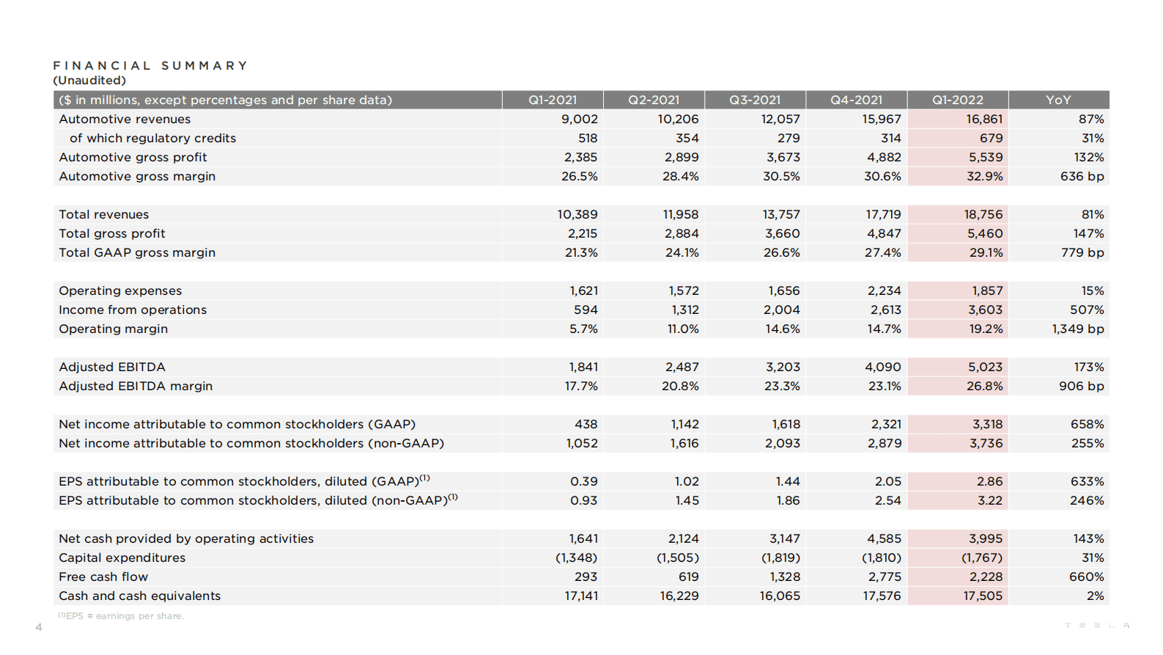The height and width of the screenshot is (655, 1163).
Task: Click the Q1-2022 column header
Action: [957, 100]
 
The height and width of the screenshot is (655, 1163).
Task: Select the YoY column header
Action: [1058, 100]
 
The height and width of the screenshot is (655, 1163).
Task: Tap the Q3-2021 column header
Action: [755, 100]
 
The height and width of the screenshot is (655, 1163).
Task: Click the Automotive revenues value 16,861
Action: [983, 119]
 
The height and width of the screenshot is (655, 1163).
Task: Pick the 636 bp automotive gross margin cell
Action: [1082, 176]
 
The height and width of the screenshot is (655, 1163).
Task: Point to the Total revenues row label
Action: [103, 214]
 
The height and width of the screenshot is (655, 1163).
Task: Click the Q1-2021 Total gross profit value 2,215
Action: [582, 233]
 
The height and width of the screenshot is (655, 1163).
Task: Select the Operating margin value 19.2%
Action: [986, 329]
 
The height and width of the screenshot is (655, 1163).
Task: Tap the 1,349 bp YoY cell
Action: [1077, 329]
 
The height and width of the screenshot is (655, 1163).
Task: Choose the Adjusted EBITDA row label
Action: [112, 367]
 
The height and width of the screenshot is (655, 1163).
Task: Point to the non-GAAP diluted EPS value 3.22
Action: [989, 500]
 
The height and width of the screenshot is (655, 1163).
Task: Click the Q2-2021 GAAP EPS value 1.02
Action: [687, 481]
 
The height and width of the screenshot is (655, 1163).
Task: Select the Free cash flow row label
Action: [103, 577]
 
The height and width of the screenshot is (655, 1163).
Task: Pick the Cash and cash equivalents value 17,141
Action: [580, 596]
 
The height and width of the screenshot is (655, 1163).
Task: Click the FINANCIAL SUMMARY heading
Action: [150, 65]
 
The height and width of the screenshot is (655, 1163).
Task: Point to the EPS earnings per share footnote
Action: [121, 616]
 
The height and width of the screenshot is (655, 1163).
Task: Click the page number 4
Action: [39, 627]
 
